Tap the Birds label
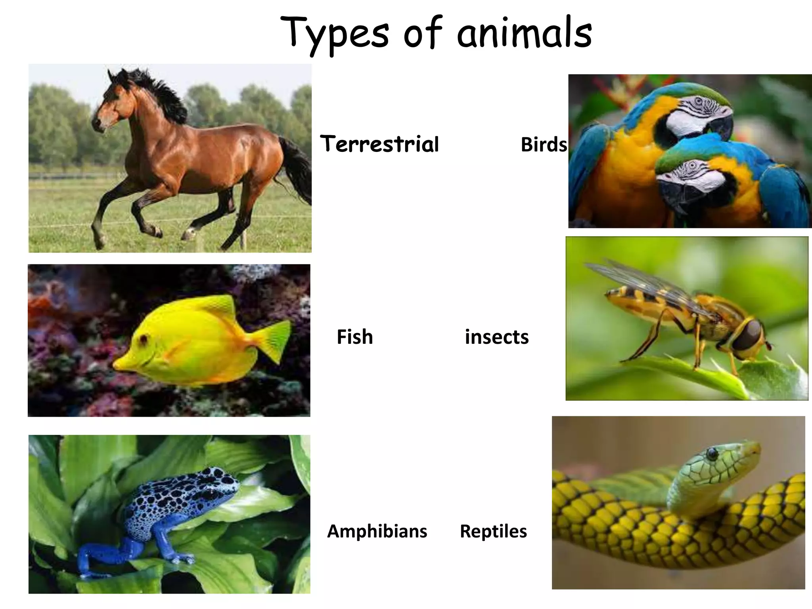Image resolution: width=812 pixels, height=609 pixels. [544, 144]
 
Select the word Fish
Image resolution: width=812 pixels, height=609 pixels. [354, 337]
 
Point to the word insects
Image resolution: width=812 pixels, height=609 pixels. [496, 337]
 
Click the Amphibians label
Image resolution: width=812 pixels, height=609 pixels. [377, 531]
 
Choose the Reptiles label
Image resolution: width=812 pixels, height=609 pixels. [493, 531]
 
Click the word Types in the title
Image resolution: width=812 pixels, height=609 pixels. [335, 34]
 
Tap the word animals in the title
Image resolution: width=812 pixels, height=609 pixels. [524, 34]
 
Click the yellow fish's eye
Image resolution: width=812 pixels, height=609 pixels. [143, 339]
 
